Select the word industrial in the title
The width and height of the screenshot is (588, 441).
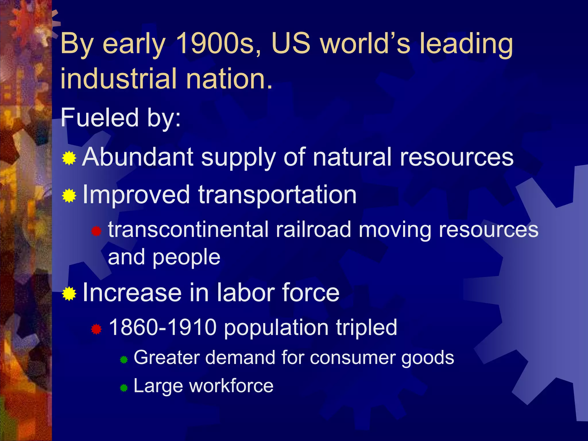(x=118, y=78)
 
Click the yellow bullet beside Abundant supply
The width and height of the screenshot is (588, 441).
(x=69, y=158)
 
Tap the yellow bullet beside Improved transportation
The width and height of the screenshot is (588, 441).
(x=69, y=196)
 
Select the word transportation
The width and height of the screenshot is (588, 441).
(x=277, y=195)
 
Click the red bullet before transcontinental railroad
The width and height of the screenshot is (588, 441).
(x=96, y=231)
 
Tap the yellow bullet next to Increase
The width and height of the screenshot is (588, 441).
(x=69, y=294)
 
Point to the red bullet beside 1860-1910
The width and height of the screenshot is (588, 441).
(x=96, y=329)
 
